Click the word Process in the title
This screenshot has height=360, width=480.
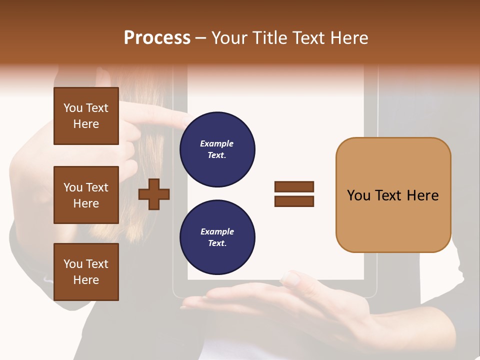click(x=157, y=37)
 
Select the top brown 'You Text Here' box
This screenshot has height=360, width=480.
click(x=86, y=116)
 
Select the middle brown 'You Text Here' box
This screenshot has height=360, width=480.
click(x=86, y=195)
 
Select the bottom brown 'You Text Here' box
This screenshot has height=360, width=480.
click(x=86, y=272)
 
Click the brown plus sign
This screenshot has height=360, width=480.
click(x=154, y=194)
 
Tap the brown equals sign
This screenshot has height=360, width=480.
click(x=294, y=194)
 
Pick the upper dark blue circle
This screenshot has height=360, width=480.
click(x=217, y=149)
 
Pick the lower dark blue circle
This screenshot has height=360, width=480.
click(x=217, y=237)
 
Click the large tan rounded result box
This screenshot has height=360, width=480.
click(x=393, y=195)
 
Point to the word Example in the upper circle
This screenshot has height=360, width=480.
click(x=217, y=143)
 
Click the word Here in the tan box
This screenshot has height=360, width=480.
click(x=422, y=195)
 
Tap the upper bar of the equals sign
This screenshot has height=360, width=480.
click(x=294, y=186)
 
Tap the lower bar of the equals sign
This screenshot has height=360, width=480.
click(x=294, y=201)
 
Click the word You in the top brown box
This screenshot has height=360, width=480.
click(x=72, y=108)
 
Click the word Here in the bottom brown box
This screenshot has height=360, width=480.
click(x=86, y=280)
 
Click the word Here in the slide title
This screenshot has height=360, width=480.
click(x=348, y=38)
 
